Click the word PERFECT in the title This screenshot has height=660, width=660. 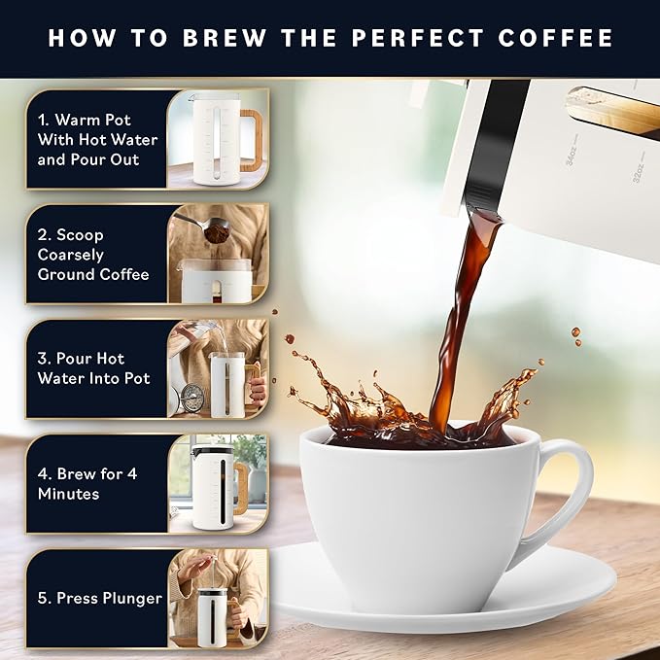coord(435,38)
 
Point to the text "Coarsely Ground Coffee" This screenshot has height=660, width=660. coord(93,264)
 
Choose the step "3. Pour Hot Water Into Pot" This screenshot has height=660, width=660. coord(93,368)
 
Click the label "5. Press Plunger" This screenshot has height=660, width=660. coord(100,598)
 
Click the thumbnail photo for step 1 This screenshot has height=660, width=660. coord(218,139)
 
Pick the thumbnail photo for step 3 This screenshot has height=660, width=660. coord(218,368)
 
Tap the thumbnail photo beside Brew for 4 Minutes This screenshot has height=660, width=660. coord(218,483)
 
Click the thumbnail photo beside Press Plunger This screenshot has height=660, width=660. coord(218,599)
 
